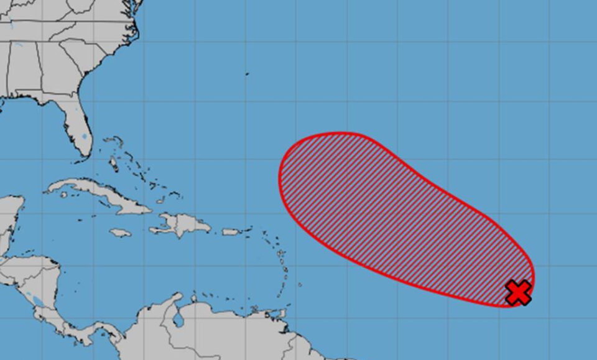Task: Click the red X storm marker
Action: coord(518,292)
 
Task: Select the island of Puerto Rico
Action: coord(231,232)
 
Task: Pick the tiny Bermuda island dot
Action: coord(247,74)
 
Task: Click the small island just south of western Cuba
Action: coord(64,195)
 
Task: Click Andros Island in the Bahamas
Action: coord(114,165)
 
